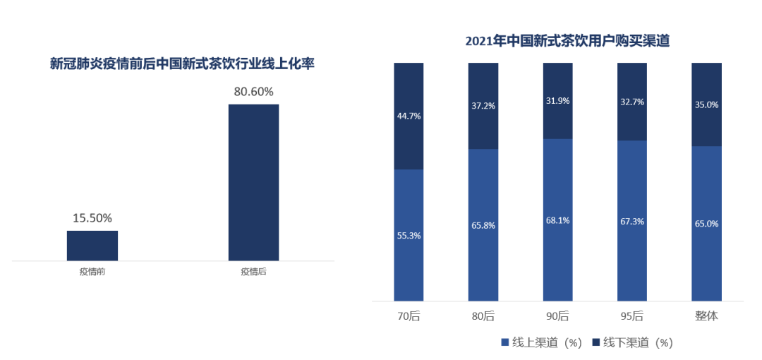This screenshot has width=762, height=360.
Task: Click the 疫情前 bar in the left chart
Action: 92,246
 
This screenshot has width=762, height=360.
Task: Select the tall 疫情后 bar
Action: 253,182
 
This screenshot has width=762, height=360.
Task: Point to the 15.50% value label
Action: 92,218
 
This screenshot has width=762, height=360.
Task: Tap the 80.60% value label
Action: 253,92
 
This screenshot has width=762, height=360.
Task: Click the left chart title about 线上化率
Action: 182,64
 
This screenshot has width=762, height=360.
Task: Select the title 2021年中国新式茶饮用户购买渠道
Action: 567,41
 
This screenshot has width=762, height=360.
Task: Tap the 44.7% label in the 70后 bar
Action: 409,116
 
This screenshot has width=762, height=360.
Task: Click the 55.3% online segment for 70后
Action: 409,235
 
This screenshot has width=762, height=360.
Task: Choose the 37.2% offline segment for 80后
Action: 483,106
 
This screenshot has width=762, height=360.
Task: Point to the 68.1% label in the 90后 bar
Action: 557,220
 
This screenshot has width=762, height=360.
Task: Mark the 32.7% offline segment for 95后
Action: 632,102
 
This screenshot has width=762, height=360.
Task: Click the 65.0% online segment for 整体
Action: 706,224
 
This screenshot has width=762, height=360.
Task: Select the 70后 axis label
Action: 409,316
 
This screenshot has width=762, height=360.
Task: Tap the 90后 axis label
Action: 557,316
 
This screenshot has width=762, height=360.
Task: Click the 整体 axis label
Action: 706,316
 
